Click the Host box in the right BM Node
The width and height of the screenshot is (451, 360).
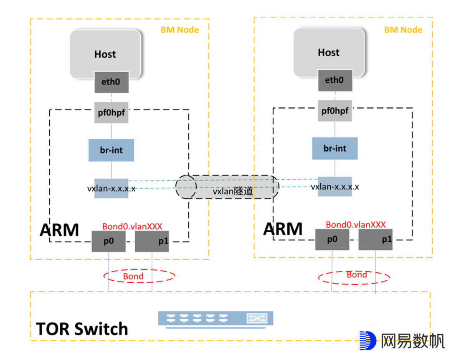coord(329,52)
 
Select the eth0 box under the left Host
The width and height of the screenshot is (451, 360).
coord(111,82)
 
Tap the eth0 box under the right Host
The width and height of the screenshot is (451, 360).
coord(334,80)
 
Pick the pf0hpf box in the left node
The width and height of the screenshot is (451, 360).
coord(111,113)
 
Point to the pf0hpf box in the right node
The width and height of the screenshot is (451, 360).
coord(334,111)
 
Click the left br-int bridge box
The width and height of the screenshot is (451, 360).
coord(111,150)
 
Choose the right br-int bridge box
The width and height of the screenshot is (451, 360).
coord(335,148)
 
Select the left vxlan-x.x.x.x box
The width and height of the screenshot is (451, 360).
coord(111,188)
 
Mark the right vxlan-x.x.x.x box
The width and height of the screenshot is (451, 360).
coord(335,186)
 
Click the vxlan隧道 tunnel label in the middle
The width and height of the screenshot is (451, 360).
coord(233,192)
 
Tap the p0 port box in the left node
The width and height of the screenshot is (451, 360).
coord(109,241)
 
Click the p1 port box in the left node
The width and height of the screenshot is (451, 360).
coord(152,241)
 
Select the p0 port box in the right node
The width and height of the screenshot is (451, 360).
coord(332,239)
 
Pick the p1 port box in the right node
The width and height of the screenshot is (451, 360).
coord(375,239)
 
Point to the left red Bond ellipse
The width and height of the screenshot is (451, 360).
coord(139,276)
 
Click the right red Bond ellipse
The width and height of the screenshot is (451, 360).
coord(354,276)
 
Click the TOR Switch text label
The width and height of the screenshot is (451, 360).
coord(82,329)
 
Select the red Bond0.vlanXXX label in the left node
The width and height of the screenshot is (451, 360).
coord(132,226)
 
